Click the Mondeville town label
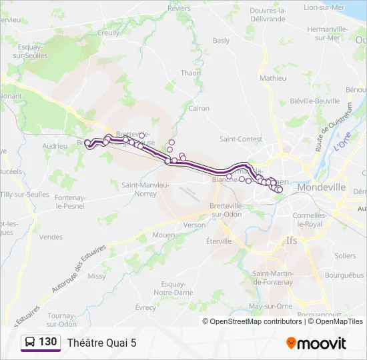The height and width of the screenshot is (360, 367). [322, 187]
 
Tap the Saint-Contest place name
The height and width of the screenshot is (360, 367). [241, 139]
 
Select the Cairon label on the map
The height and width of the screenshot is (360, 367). [199, 108]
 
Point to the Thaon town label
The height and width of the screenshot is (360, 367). [190, 73]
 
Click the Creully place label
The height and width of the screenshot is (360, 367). [109, 33]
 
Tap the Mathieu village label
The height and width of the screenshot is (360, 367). [273, 78]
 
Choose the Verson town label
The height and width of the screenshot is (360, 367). [195, 225]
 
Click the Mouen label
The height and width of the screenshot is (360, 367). [163, 235]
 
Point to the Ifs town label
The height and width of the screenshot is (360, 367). [292, 240]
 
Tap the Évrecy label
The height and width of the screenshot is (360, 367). [145, 307]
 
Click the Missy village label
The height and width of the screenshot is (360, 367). [97, 276]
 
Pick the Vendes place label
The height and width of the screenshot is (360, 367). [51, 237]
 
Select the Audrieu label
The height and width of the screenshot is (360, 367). [55, 145]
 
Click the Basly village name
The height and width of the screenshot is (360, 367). [221, 41]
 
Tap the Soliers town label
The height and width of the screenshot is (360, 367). [345, 255]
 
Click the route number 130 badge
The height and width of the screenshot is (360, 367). [41, 342]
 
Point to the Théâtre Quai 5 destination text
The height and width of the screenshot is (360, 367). [101, 343]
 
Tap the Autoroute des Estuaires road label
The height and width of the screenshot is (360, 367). [78, 270]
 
